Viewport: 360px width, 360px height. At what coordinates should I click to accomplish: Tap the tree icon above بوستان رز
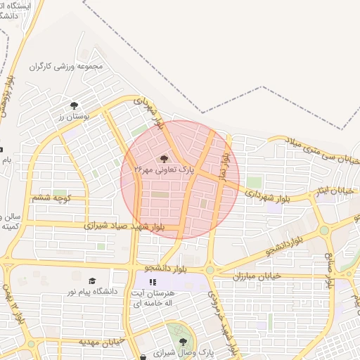click(x=75, y=105)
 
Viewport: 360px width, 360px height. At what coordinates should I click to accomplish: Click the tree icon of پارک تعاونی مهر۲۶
click(x=165, y=159)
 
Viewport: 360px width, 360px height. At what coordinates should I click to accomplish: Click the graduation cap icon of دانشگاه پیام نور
click(x=93, y=281)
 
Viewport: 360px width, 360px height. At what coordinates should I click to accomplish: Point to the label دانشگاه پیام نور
click(x=91, y=290)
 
